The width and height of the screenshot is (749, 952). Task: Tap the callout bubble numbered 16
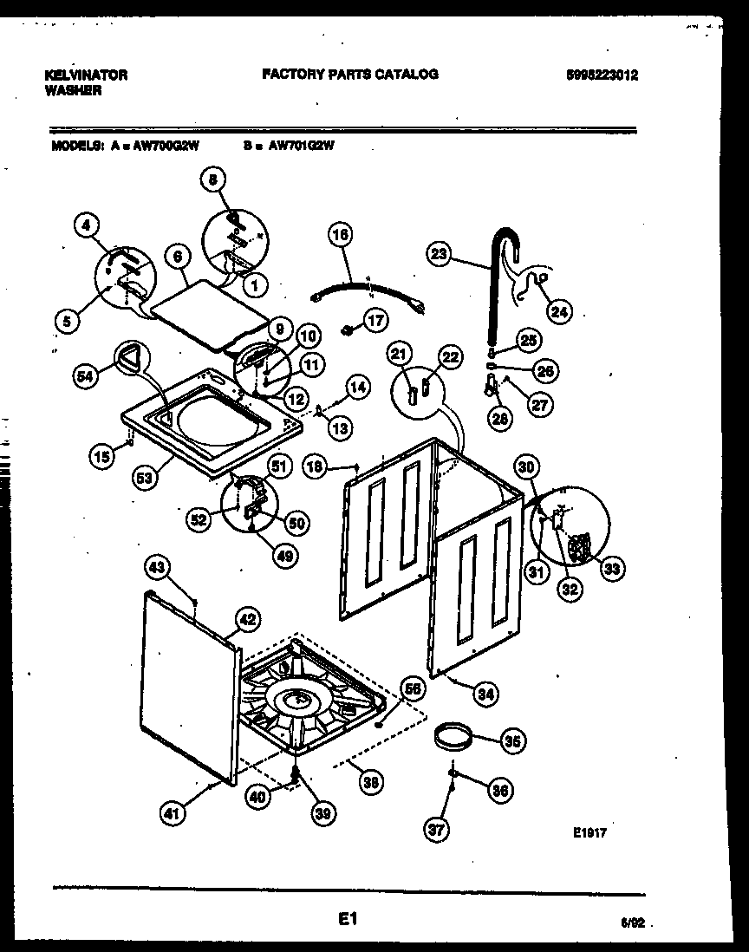point(342,235)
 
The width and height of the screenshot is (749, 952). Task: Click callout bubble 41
point(173,812)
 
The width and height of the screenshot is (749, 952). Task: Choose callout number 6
point(177,257)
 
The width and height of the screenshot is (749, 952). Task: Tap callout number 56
point(413,688)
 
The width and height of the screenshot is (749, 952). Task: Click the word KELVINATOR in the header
point(85,75)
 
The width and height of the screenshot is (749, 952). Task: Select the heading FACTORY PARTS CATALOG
point(350,75)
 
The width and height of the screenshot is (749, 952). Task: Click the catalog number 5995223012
point(601,75)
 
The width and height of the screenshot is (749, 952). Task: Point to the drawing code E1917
point(589,831)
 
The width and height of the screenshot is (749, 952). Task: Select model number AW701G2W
point(301,147)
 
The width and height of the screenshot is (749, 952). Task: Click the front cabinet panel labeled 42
point(186,681)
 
